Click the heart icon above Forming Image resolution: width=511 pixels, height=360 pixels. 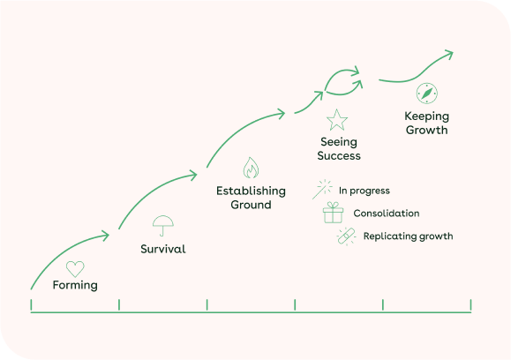coord(75,269)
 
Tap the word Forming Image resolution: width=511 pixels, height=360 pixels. coord(75,285)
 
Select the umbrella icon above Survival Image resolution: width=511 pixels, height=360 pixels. coord(163,226)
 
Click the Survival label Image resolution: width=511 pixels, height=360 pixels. coord(163,249)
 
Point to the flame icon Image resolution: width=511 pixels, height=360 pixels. coord(251,168)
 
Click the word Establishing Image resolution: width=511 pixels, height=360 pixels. coord(251,191)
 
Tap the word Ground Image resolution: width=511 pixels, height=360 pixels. coord(251,205)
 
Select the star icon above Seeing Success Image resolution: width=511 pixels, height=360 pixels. coord(337,120)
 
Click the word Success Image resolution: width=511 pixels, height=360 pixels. coord(339,155)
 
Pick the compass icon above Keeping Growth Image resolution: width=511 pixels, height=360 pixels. coord(427,94)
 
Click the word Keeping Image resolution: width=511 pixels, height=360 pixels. coord(427,116)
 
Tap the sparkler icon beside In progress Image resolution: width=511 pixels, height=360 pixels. coord(322,189)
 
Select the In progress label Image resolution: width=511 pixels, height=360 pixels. coord(364,191)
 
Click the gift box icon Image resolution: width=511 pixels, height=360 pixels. coord(333,213)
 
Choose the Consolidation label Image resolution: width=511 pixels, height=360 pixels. coord(387,214)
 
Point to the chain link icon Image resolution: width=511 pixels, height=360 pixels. coord(346,236)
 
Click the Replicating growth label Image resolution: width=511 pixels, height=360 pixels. coord(408,236)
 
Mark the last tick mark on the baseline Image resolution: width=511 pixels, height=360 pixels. coord(470,305)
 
